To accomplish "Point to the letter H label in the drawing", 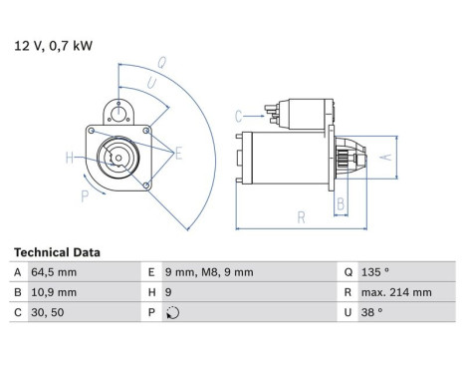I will click(70, 157).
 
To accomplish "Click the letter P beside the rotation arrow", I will click(84, 196).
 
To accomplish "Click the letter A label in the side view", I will click(387, 157).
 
